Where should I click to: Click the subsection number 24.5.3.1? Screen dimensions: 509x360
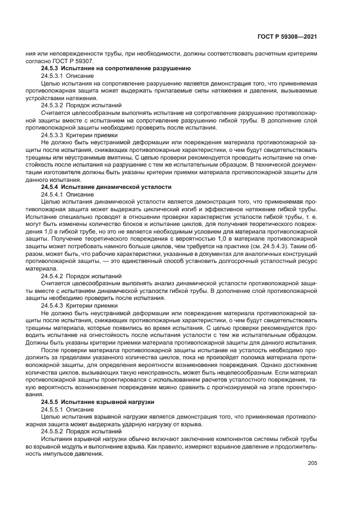tap(52, 76)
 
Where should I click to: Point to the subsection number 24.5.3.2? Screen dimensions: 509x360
tap(52, 105)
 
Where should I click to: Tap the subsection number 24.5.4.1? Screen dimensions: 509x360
tap(52, 194)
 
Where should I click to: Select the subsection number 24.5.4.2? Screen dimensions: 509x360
tap(52, 276)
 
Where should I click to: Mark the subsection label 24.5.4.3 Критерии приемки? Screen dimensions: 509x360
tap(79, 305)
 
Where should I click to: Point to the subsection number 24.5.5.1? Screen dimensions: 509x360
tap(52, 408)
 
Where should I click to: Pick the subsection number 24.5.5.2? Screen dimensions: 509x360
tap(52, 430)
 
